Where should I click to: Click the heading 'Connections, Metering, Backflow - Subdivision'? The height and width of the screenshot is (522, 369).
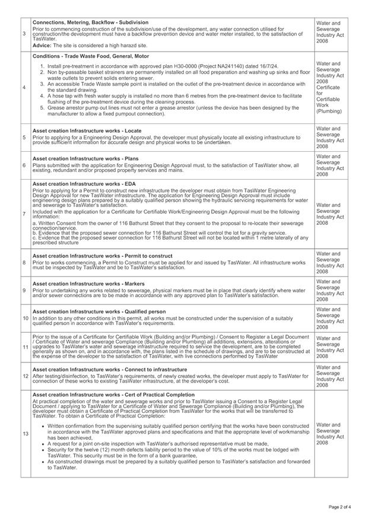pos(91,23)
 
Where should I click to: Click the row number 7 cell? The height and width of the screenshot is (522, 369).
pos(24,213)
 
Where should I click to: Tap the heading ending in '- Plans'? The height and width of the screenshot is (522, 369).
pos(85,158)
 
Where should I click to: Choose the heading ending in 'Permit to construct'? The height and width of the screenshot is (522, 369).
pos(103,256)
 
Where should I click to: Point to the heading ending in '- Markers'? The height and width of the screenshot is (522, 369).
pos(88,284)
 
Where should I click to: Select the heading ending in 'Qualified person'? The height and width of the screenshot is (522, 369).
pos(99,311)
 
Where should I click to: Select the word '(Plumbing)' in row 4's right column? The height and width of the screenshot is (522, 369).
pos(329,111)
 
